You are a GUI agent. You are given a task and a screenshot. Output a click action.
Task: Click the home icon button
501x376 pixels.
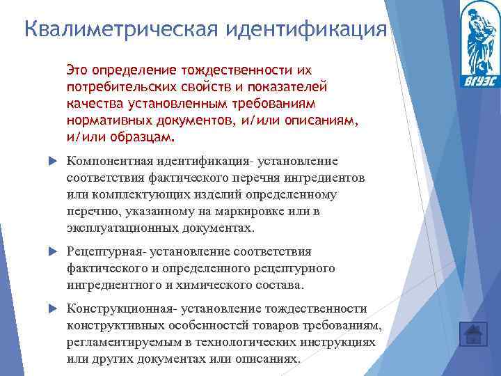coord(473,334)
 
